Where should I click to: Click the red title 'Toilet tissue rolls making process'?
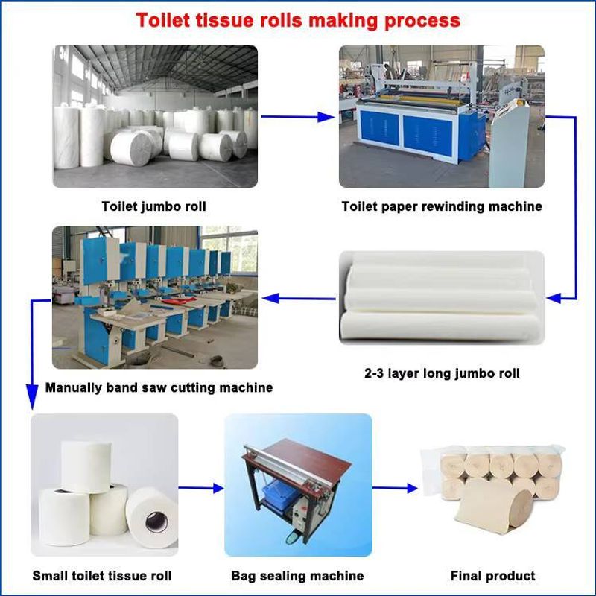point(298,19)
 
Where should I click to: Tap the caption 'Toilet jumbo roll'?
point(154,206)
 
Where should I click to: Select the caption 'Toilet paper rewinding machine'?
point(442,206)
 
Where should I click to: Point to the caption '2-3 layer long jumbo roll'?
point(442,373)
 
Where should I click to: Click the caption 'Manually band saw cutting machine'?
point(159,387)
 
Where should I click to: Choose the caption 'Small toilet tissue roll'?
point(102,576)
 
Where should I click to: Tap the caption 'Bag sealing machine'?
point(297,576)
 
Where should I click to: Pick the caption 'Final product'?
point(493,576)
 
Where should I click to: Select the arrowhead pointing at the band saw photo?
point(270,299)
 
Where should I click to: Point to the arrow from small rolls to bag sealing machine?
point(201,489)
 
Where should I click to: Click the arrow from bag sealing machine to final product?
point(395,489)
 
